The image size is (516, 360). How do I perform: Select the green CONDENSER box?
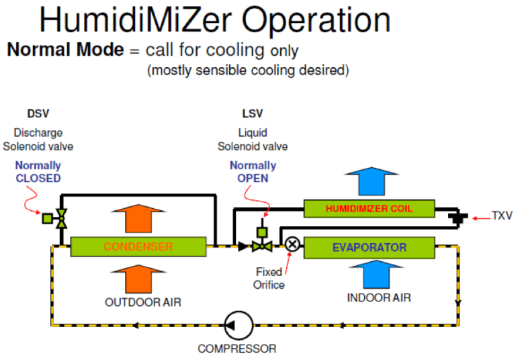pyautogui.click(x=138, y=246)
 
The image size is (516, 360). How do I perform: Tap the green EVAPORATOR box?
pyautogui.click(x=369, y=247)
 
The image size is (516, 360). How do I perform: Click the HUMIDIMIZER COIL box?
pyautogui.click(x=369, y=208)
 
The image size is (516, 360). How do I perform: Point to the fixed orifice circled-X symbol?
pyautogui.click(x=292, y=244)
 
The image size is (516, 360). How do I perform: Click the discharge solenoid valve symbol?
pyautogui.click(x=60, y=218)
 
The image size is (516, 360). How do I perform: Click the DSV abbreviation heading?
pyautogui.click(x=38, y=114)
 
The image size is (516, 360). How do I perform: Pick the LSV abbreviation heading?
pyautogui.click(x=253, y=114)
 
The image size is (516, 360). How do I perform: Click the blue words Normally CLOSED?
pyautogui.click(x=38, y=171)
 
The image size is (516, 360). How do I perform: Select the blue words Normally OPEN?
pyautogui.click(x=253, y=171)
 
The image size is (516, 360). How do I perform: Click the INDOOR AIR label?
pyautogui.click(x=379, y=297)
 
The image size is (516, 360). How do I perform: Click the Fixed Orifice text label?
pyautogui.click(x=269, y=278)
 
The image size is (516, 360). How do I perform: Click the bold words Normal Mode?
pyautogui.click(x=66, y=50)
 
